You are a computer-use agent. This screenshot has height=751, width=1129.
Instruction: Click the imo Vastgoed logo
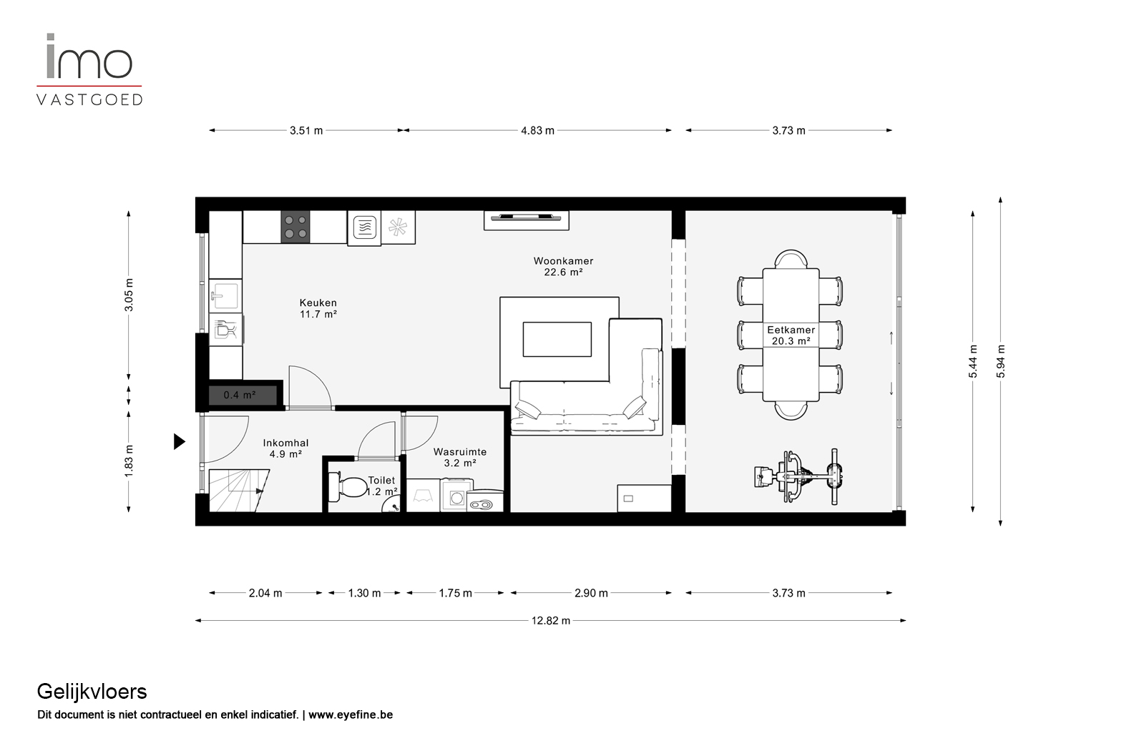coord(89,69)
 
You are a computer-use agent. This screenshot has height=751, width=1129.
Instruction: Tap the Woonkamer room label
coord(564,261)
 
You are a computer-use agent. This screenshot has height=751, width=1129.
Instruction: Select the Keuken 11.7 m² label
coord(318,308)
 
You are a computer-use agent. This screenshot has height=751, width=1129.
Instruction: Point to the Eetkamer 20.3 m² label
coord(791,335)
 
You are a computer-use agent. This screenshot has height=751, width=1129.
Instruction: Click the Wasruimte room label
coord(459,452)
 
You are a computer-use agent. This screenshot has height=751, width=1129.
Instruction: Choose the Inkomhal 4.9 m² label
coord(285,448)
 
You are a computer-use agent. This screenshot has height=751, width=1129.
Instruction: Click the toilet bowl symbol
coord(347,486)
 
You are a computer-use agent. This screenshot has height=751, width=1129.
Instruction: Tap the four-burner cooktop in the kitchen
coord(295,227)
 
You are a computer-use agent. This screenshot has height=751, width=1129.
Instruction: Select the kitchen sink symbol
coord(225,294)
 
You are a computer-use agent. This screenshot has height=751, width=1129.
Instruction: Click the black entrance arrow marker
coord(179,441)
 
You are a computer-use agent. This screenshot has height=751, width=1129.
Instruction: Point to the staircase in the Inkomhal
coord(238,491)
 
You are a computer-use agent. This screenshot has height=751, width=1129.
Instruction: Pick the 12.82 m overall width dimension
coord(550,620)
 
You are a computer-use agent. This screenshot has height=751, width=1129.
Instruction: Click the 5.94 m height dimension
coord(1000,361)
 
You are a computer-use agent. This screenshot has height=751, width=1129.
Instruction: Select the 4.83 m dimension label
coord(537,131)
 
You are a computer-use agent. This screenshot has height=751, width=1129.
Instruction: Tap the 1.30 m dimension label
coord(364,593)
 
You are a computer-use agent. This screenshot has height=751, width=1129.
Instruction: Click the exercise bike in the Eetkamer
coord(798,476)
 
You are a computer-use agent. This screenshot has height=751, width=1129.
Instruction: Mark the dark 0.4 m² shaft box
coord(243,395)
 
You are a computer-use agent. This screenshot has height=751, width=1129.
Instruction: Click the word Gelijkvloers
coord(92,692)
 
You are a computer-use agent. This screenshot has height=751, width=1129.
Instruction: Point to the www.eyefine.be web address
coord(351,715)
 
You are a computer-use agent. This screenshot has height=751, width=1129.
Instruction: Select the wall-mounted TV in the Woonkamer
coord(526,217)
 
